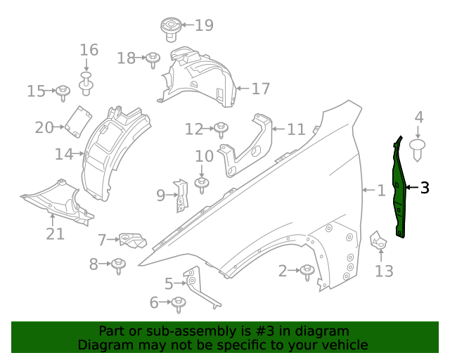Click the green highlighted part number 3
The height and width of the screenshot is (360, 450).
[x=399, y=188]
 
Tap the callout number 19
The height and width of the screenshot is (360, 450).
[x=203, y=26]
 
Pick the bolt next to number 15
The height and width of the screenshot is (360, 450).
[x=63, y=91]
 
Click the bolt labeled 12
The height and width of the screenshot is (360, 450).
[x=221, y=129]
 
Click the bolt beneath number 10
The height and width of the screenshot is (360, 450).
[x=202, y=184]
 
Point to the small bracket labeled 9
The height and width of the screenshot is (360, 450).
[x=181, y=195]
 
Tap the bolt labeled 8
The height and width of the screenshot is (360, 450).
[x=118, y=265]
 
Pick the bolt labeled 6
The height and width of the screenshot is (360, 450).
[x=178, y=304]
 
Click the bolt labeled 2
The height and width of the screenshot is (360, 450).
[x=307, y=271]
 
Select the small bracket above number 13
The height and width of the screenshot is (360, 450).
[x=378, y=240]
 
